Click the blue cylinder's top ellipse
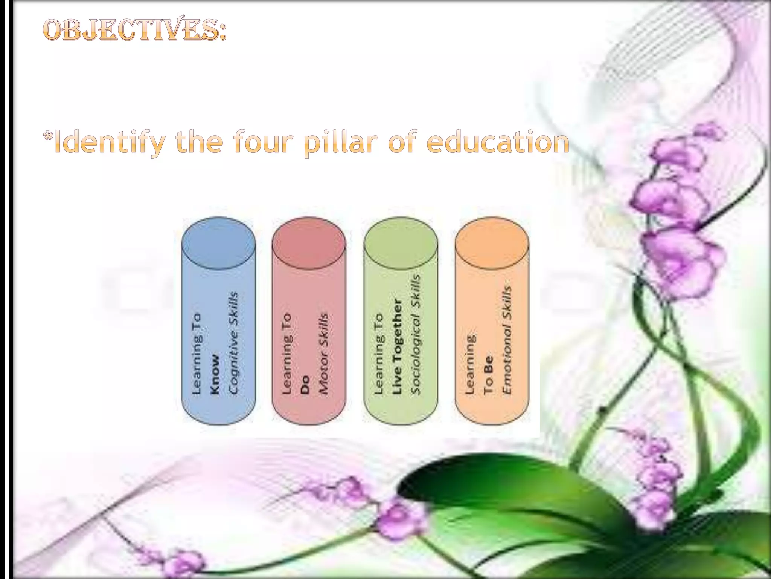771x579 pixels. [x=218, y=243]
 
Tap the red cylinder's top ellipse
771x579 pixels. [x=309, y=243]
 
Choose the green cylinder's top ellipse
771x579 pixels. [x=401, y=243]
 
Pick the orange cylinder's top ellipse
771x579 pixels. [x=492, y=243]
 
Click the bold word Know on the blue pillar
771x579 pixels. [x=215, y=374]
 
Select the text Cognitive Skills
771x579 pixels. [x=233, y=343]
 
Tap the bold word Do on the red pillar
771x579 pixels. [x=305, y=384]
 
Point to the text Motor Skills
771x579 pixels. [x=323, y=353]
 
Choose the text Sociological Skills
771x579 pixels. [x=415, y=334]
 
